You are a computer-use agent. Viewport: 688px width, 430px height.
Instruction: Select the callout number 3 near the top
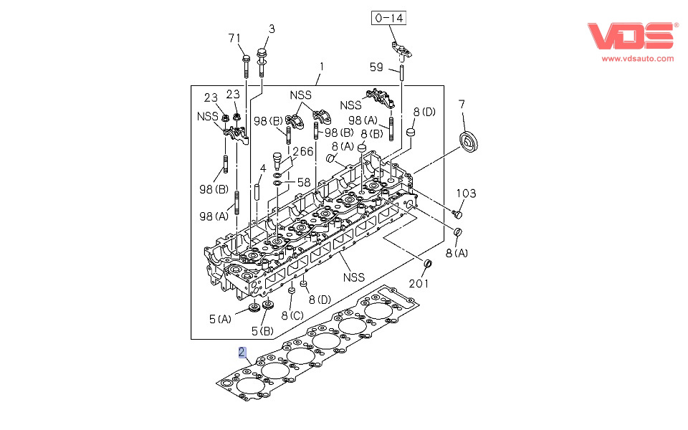coord(272,29)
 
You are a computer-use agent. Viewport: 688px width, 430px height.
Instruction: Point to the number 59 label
coord(377,68)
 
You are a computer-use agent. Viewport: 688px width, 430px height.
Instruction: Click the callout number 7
coord(462,105)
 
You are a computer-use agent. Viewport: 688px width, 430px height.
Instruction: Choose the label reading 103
coord(467,193)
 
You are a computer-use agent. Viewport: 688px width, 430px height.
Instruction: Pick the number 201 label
coord(419,284)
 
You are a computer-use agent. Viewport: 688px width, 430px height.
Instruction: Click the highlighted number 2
coord(243,352)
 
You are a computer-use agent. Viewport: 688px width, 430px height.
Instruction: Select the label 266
coord(302,152)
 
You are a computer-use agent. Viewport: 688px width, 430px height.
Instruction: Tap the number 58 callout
coord(304,183)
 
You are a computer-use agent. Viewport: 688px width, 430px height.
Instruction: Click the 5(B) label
coord(262,330)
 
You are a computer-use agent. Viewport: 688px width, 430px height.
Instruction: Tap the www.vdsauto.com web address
coord(638,58)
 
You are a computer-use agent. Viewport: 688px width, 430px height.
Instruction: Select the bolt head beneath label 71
coord(246,58)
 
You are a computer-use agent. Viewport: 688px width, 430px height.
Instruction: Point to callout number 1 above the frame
coord(322,67)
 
